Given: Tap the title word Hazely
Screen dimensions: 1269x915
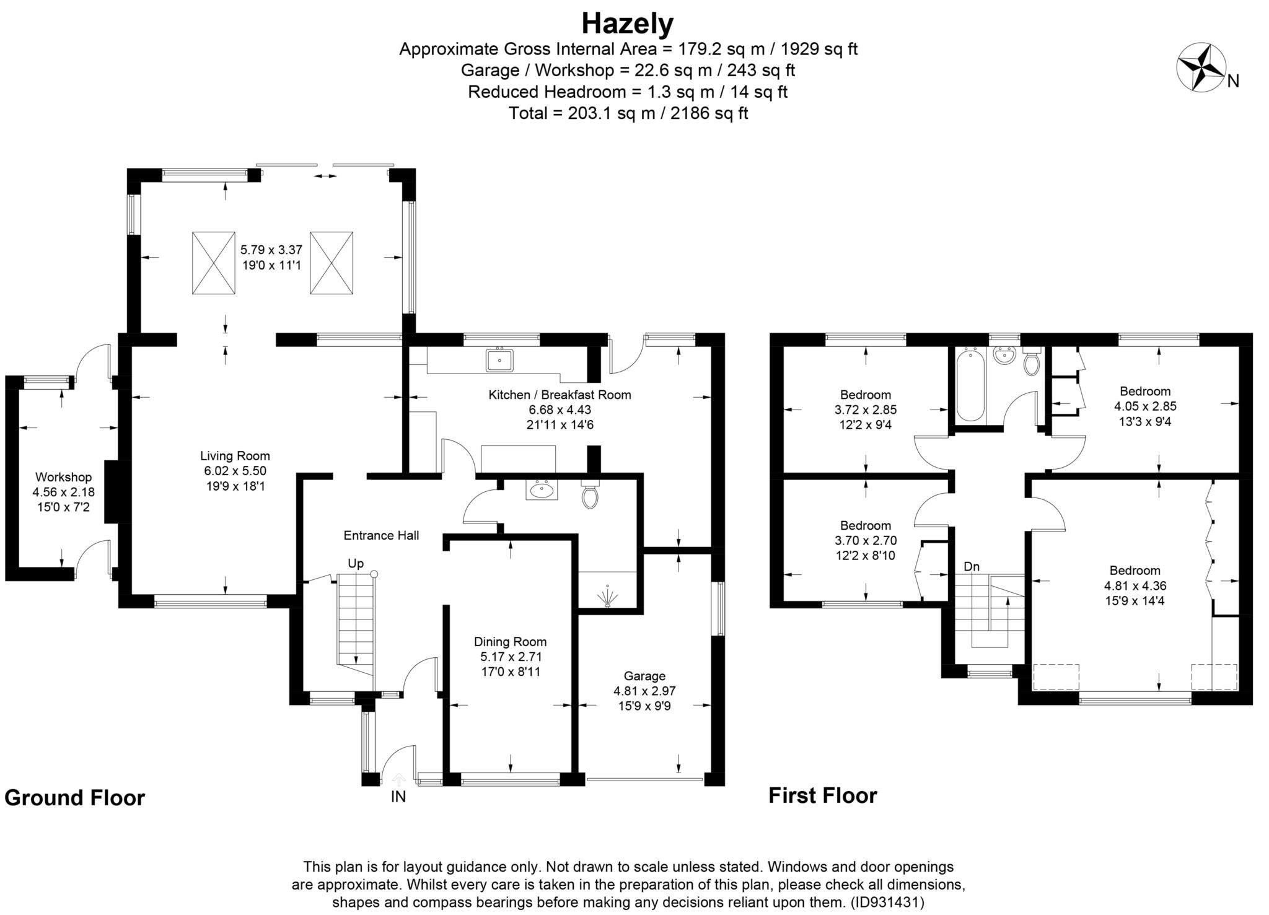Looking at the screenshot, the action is pos(627,24).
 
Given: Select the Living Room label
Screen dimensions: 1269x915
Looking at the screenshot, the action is pos(235,456).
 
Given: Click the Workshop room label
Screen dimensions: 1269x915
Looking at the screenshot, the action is pos(63,477).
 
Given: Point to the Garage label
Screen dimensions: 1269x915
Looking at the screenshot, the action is pos(644,676).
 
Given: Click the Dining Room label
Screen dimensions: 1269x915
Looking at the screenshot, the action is pos(510,642).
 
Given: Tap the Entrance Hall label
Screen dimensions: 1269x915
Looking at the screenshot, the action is pos(381,535).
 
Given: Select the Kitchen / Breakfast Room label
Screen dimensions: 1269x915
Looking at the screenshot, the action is pos(560,395).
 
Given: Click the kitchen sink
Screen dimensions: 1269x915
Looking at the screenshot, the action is pos(499,359).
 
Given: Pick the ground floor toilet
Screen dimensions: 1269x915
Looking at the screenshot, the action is pos(590,493).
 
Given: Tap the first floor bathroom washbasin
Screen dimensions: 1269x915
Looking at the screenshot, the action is pos(1004,356).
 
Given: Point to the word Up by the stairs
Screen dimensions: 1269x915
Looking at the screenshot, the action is pos(356,564).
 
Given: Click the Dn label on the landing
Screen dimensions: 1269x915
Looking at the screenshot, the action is pos(972,566).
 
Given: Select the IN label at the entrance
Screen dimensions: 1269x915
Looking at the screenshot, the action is pos(398,797).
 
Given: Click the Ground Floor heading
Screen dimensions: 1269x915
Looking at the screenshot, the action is pos(75,797).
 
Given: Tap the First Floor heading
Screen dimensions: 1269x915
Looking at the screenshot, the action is pos(823,795).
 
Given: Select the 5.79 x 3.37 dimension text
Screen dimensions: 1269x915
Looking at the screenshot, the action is pos(271,250).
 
